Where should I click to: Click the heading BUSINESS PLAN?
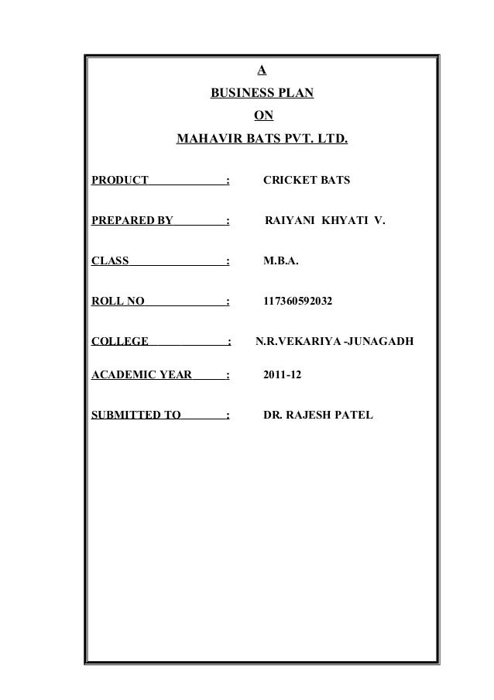pos(262,95)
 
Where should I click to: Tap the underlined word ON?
pos(263,118)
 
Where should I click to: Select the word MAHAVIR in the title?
pos(207,141)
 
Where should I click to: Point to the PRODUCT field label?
pos(120,181)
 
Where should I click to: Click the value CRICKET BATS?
pos(307,181)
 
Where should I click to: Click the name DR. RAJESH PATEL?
pos(318,416)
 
